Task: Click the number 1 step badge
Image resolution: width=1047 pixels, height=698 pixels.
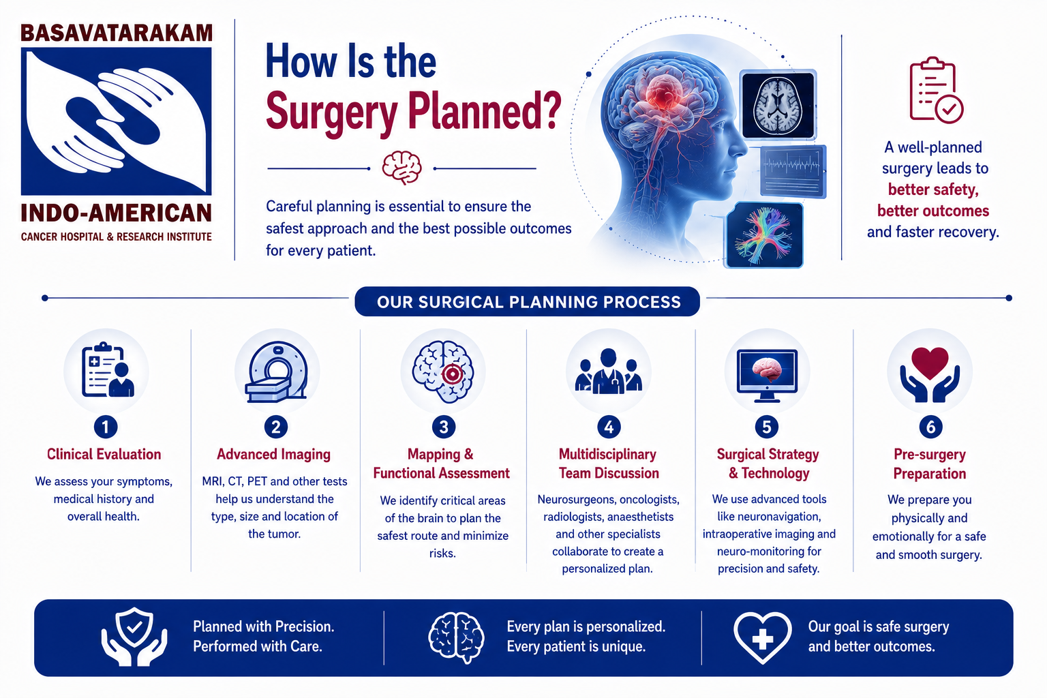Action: point(105,427)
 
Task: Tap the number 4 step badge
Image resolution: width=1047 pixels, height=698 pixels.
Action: point(609,427)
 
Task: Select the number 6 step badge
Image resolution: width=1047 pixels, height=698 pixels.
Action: point(930,427)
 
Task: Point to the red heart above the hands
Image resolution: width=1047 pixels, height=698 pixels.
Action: point(930,363)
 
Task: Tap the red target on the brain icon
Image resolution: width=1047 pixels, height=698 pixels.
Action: point(452,374)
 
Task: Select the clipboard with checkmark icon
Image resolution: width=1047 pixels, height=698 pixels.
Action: point(936,90)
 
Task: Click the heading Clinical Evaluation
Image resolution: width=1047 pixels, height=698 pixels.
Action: point(104,455)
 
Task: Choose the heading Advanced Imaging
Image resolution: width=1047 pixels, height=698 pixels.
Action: point(273,455)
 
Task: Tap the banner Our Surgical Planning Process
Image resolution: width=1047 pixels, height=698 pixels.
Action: point(527,301)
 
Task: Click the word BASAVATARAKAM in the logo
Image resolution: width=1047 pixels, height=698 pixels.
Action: point(117,33)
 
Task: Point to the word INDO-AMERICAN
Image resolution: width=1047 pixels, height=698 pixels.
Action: point(117,213)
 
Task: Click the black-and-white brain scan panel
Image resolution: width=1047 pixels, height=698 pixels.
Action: point(778,105)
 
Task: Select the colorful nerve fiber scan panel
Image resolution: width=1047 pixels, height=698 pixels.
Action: point(763,235)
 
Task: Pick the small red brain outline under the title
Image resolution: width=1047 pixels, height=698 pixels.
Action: point(402,168)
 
